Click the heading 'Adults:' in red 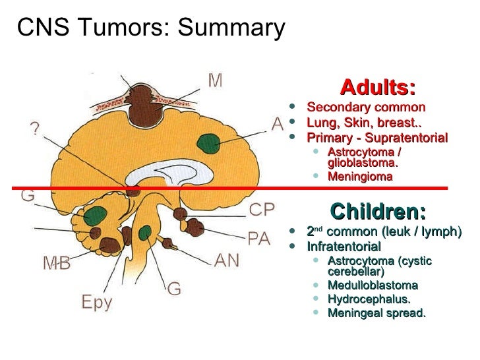pyautogui.click(x=378, y=88)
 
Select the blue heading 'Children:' pyautogui.click(x=378, y=212)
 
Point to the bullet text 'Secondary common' pyautogui.click(x=366, y=107)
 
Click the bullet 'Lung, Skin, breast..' pyautogui.click(x=365, y=123)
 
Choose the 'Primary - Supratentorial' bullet pyautogui.click(x=377, y=138)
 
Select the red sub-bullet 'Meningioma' pyautogui.click(x=360, y=176)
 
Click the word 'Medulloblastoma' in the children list pyautogui.click(x=373, y=285)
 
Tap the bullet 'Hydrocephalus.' pyautogui.click(x=369, y=299)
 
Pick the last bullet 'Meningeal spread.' pyautogui.click(x=376, y=313)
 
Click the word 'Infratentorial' pyautogui.click(x=344, y=247)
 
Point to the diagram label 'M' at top pyautogui.click(x=215, y=80)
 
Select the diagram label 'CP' pyautogui.click(x=262, y=210)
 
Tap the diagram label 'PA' pyautogui.click(x=259, y=238)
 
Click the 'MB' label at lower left pyautogui.click(x=57, y=263)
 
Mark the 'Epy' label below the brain pyautogui.click(x=98, y=303)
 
